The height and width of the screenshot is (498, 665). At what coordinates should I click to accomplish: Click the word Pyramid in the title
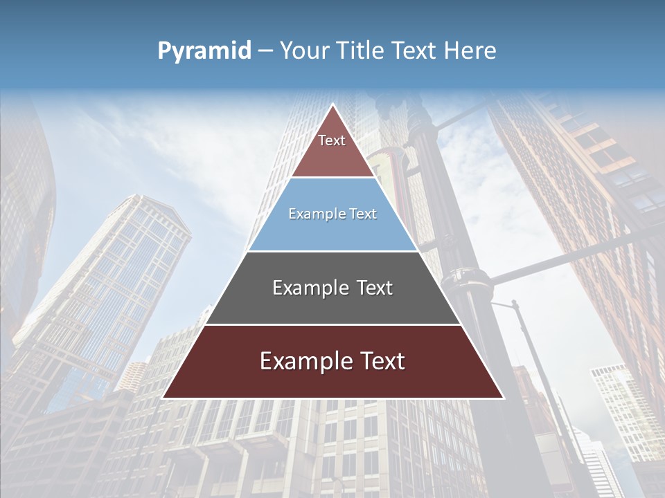point(204,51)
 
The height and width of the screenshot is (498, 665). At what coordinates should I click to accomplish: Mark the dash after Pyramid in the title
point(265,51)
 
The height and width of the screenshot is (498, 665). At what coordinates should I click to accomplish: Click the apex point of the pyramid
point(332,105)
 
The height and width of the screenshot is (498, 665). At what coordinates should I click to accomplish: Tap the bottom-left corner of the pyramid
point(163,397)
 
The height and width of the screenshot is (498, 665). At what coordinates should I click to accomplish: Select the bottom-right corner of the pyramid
point(502,397)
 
